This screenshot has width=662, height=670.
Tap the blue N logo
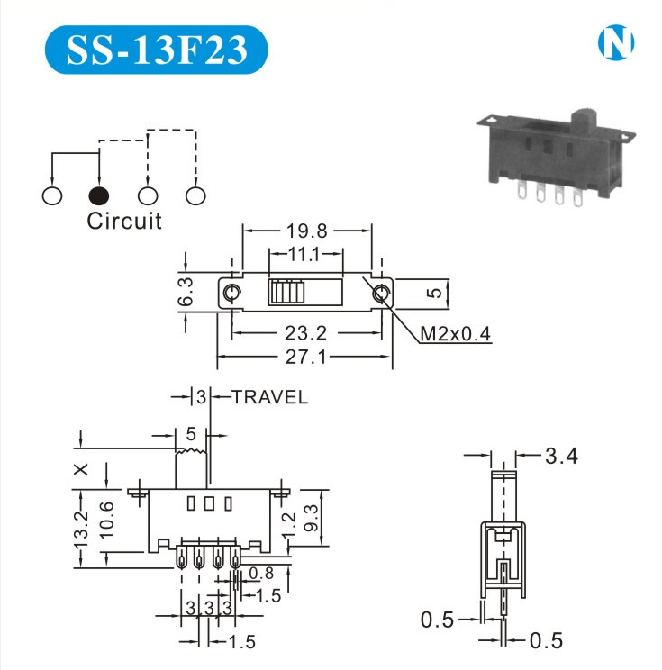pos(617,42)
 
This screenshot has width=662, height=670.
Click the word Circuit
pos(124,222)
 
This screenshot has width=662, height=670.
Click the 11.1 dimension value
pos(304,255)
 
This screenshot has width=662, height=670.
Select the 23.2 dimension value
pos(305,332)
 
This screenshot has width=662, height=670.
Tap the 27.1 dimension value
pos(305,357)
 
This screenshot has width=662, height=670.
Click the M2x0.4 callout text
pos(457,334)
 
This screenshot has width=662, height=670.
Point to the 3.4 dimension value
pos(560,457)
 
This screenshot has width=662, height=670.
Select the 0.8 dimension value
pos(261,573)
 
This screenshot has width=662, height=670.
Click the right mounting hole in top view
pos(382,293)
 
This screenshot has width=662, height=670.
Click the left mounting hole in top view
pos(231,293)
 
